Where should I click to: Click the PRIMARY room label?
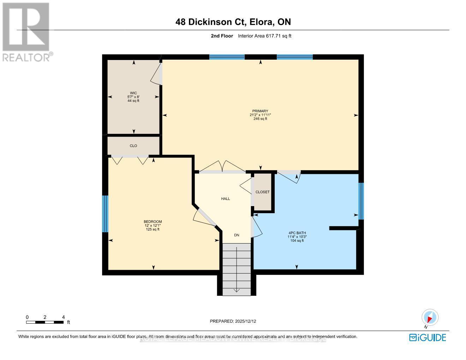tap(260, 111)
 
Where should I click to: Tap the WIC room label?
tap(133, 93)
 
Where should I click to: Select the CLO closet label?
tap(133, 146)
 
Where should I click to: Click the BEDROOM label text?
tap(153, 222)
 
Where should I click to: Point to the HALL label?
tap(226, 199)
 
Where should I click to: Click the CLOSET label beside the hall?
tap(262, 192)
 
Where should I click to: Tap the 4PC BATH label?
tap(296, 233)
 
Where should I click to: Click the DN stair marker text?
tap(237, 235)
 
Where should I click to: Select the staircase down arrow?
tap(236, 290)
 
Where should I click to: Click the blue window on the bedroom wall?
tap(105, 214)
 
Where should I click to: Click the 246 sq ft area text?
tap(260, 119)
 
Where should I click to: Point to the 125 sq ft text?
tap(153, 229)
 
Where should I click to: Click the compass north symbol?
tap(430, 317)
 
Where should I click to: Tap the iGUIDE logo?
tap(428, 337)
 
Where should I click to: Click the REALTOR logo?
tap(26, 32)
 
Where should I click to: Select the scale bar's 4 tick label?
tap(63, 317)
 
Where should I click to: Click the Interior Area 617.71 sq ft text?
tap(264, 36)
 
